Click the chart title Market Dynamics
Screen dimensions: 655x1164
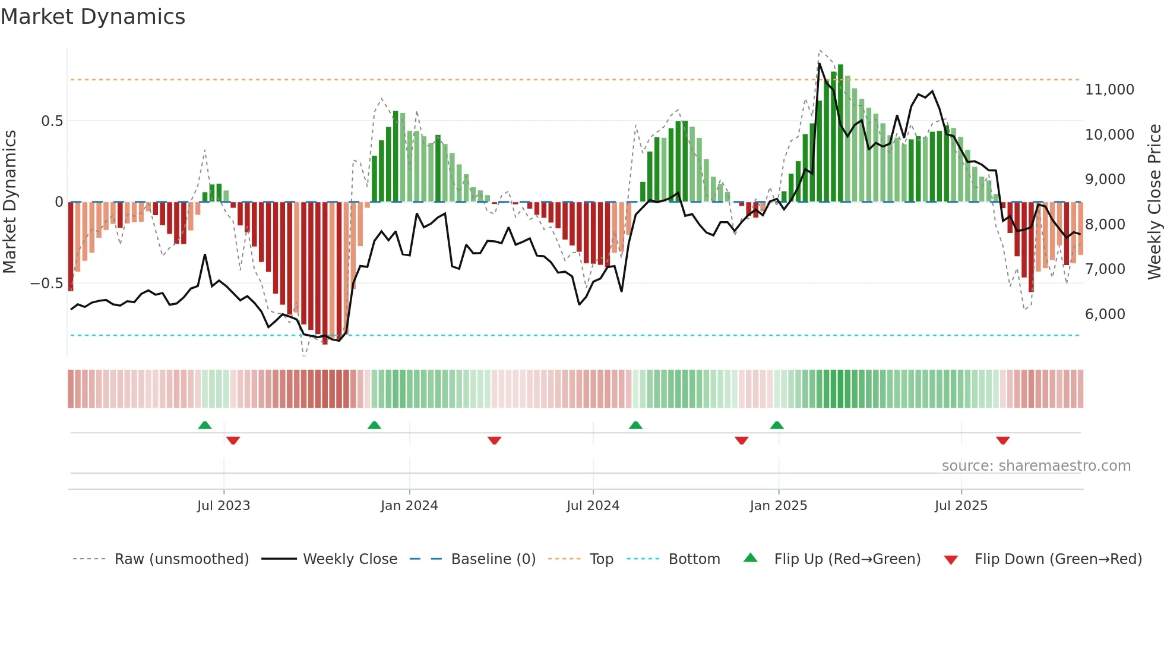93,17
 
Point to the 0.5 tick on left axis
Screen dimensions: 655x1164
52,121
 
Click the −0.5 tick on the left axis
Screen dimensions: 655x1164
46,284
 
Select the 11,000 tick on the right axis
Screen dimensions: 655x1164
1109,90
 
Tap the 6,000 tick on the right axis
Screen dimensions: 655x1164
1105,314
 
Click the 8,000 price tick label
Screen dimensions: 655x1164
1105,225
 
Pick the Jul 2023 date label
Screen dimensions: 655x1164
223,506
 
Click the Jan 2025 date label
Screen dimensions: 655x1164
778,506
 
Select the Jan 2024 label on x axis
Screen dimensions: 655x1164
409,506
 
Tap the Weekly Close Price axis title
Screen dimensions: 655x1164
1154,202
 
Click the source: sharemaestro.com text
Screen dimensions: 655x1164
1036,466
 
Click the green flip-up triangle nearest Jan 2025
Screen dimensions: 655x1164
777,425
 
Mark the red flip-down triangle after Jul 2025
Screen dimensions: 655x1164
1003,440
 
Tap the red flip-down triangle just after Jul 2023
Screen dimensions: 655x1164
233,440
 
